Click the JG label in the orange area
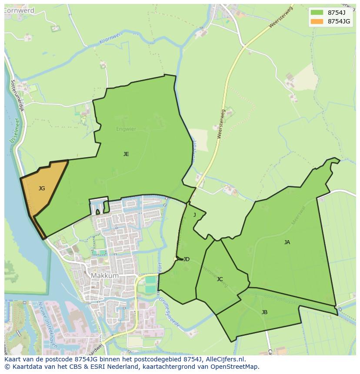pyautogui.click(x=42, y=189)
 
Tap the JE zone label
pyautogui.click(x=126, y=154)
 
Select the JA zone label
pyautogui.click(x=287, y=242)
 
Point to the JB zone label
pyautogui.click(x=264, y=312)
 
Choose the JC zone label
pyautogui.click(x=220, y=279)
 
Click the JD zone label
pyautogui.click(x=186, y=259)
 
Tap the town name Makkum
pyautogui.click(x=105, y=275)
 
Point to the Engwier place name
pyautogui.click(x=126, y=129)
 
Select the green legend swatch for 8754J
pyautogui.click(x=317, y=12)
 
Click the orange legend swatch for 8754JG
pyautogui.click(x=317, y=21)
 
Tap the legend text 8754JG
pyautogui.click(x=339, y=21)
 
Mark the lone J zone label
pyautogui.click(x=194, y=215)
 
